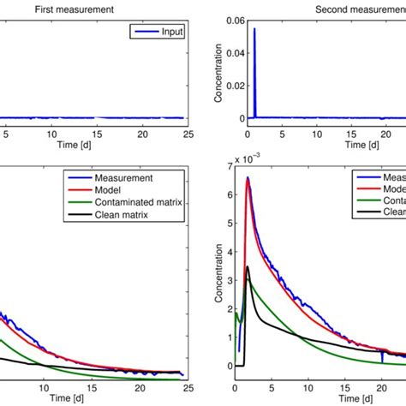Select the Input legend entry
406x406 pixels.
coord(163,32)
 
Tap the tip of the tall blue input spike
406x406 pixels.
coord(254,28)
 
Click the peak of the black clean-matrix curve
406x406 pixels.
coord(248,266)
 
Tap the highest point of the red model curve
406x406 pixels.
coord(248,179)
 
